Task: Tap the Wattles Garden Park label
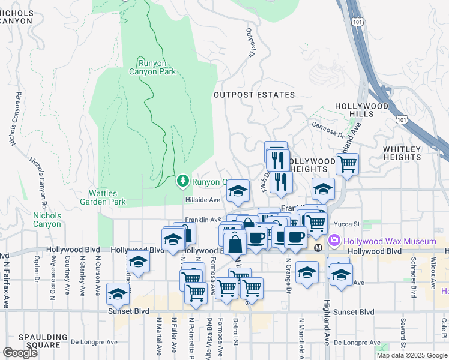107,197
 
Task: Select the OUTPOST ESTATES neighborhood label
255,95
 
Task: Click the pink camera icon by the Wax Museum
334,241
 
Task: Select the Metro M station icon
318,247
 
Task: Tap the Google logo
20,353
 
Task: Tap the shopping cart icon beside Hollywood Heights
347,163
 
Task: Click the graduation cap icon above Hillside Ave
238,191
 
